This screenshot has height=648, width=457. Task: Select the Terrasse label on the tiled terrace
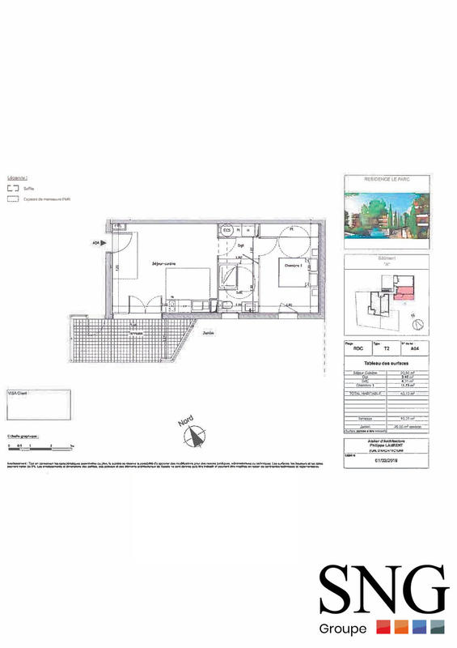138,332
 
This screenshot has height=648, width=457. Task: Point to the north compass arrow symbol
193,437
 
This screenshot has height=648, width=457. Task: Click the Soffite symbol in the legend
12,185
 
